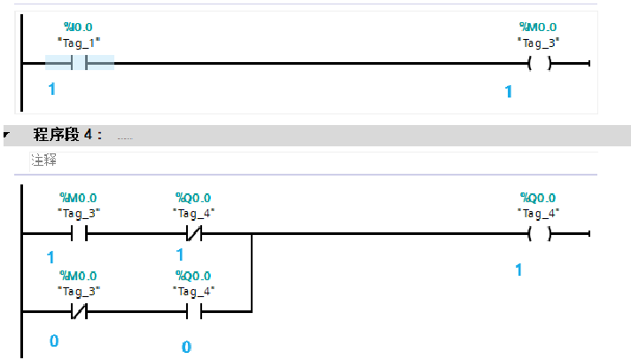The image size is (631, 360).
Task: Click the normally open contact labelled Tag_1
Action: [x=79, y=63]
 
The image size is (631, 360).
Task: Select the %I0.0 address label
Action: [x=79, y=28]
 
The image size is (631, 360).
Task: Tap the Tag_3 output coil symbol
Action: [x=538, y=63]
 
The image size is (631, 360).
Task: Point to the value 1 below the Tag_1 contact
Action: [x=51, y=90]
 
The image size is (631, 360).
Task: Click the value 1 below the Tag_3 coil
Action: [x=509, y=91]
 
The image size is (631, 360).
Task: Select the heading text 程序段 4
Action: [x=67, y=135]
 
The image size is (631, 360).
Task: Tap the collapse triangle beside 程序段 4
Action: [x=7, y=136]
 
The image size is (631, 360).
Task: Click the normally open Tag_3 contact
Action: [x=78, y=234]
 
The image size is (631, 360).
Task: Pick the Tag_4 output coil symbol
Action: [x=538, y=234]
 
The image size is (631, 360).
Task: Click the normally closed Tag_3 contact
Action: [x=78, y=312]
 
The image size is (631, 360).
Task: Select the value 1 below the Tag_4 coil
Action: [x=519, y=269]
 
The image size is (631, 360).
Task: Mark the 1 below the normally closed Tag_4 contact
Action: [x=180, y=254]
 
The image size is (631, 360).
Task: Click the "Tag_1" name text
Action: [x=79, y=42]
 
